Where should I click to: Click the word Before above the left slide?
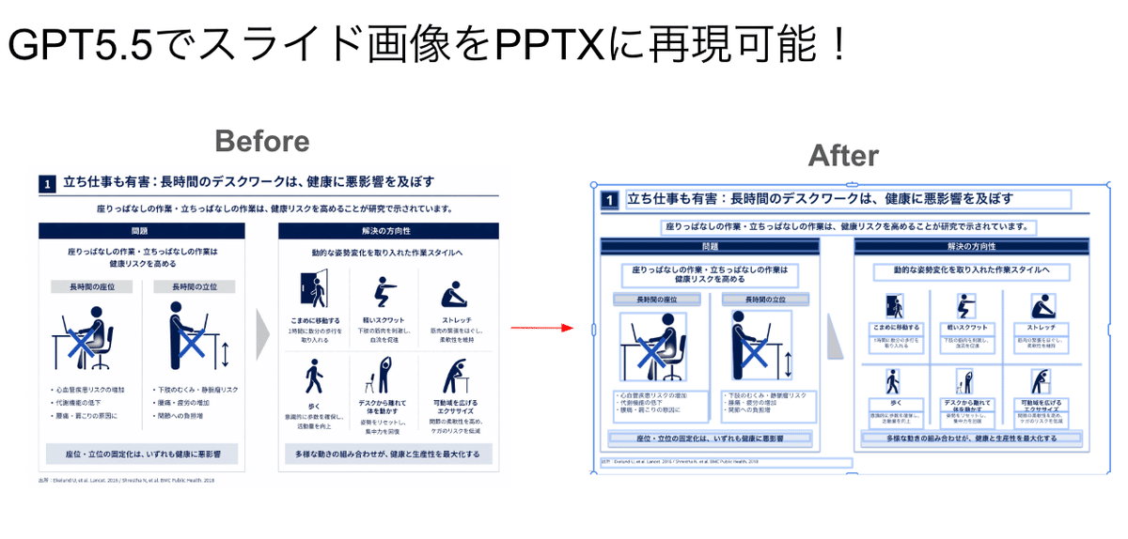261,141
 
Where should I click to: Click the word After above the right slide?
843,155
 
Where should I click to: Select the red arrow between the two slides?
542,328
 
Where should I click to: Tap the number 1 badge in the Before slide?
48,184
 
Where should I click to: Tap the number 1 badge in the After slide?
609,200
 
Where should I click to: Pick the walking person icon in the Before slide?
314,378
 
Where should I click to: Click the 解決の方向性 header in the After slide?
972,246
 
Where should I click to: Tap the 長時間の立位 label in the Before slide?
194,286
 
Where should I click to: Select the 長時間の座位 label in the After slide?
657,300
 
